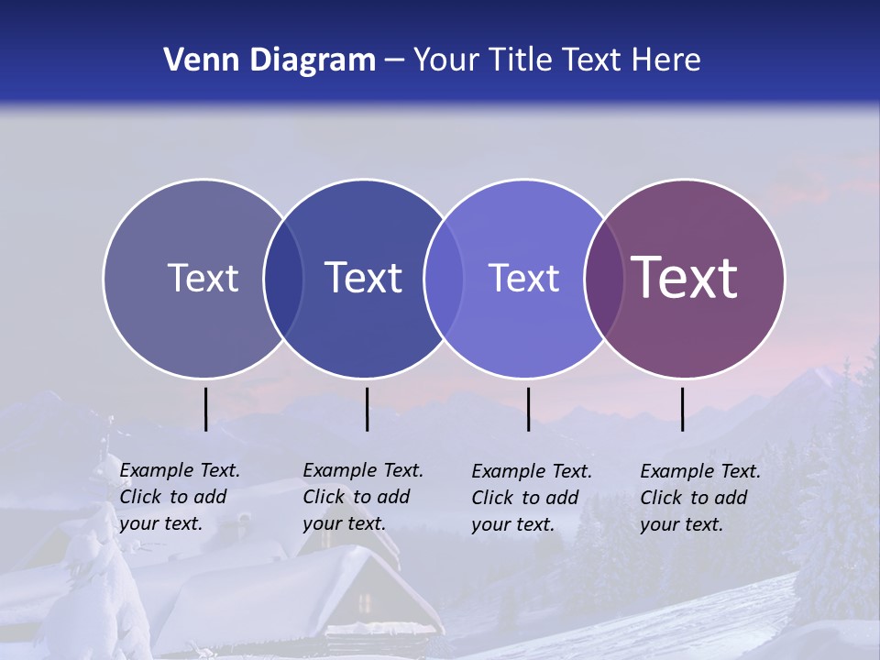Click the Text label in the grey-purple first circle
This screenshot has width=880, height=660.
coord(203,278)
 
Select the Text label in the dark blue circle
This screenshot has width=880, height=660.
coord(364,278)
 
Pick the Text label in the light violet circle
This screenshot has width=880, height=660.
coord(523,278)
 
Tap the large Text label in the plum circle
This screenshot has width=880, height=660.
coord(685,278)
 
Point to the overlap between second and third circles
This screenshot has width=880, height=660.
coord(444,278)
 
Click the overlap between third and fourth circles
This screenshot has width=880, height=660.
coord(604,278)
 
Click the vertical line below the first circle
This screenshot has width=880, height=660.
coord(206,409)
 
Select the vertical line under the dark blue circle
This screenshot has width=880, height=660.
coord(367,409)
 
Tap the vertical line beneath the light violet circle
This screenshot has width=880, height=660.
coord(528,409)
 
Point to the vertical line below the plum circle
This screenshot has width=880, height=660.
coord(683,409)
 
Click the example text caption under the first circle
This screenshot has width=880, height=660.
coord(180,497)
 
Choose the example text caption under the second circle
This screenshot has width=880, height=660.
coord(363,497)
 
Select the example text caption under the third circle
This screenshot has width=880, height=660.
coord(532,498)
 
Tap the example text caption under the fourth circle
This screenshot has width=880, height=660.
coord(700,498)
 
